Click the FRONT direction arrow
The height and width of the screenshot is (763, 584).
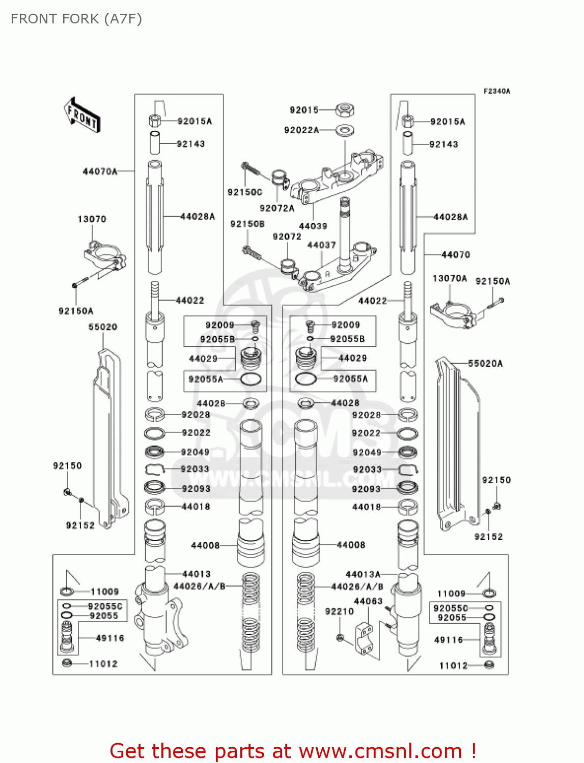[82, 115]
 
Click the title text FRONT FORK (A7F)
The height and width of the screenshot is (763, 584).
[76, 19]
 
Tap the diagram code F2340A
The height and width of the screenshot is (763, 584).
[497, 92]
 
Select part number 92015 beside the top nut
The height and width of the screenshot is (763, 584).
[304, 110]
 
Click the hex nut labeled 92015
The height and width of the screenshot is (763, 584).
[345, 110]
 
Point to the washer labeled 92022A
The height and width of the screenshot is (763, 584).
[345, 131]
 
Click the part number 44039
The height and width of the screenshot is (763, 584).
[313, 226]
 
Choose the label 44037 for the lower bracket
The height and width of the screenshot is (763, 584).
[322, 245]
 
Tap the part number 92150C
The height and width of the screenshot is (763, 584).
[244, 192]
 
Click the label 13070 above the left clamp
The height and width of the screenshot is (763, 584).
[92, 219]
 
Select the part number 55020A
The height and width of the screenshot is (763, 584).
[485, 363]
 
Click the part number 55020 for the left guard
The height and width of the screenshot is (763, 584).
[103, 327]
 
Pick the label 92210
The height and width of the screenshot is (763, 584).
[340, 611]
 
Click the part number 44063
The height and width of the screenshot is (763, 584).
[368, 601]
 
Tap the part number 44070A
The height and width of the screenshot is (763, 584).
[100, 171]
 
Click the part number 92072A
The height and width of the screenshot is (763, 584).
[277, 208]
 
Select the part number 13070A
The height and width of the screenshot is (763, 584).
[450, 278]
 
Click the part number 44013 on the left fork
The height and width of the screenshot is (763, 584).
[197, 574]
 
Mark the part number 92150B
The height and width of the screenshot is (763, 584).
[247, 224]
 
